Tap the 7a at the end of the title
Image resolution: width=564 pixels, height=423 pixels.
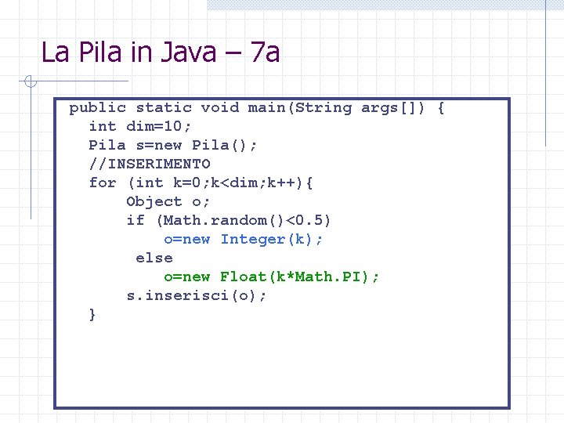264,53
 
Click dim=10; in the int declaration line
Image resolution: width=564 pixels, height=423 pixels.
159,126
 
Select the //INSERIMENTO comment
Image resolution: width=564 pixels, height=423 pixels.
150,164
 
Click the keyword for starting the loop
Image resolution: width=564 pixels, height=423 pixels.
103,183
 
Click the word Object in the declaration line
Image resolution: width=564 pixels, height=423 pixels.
154,201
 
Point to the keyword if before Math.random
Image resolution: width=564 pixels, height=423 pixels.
136,220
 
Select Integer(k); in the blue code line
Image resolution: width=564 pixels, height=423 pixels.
271,239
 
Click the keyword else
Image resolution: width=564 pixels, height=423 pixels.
154,258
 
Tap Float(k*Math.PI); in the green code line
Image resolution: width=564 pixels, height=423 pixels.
299,277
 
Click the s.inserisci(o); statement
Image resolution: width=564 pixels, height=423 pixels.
197,295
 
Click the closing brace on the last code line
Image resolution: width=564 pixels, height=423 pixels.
93,314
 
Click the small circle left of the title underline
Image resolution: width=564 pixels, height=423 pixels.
27,81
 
